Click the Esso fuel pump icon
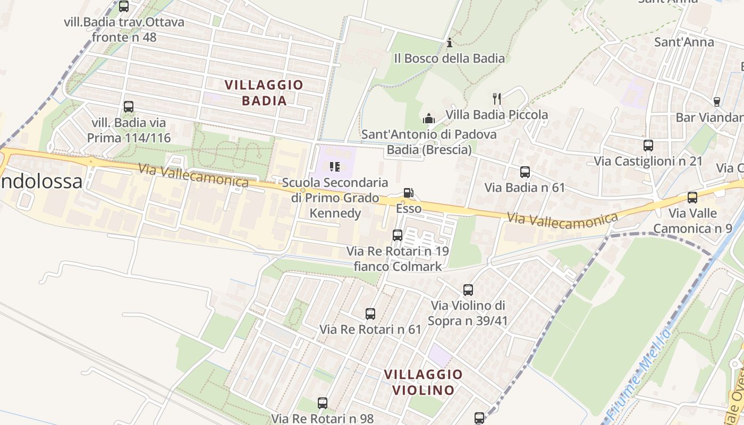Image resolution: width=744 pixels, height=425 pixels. tap(408, 193)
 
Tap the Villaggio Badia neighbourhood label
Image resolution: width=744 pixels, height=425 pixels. tap(264, 92)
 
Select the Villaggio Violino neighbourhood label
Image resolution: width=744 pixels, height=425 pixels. tap(423, 382)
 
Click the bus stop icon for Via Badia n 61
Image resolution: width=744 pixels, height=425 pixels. tap(525, 172)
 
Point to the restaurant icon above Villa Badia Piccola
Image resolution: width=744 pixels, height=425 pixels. tap(497, 98)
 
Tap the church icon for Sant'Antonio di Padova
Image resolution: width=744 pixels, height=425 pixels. tap(428, 118)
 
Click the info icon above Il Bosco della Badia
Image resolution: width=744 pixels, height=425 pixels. tap(450, 42)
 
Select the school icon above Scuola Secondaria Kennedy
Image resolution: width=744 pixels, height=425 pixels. tap(335, 167)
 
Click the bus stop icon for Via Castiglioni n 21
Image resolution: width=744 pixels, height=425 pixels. tap(648, 146)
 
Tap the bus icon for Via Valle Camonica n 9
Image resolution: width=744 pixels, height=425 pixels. tap(692, 198)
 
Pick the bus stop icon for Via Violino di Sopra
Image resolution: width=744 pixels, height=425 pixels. tap(468, 290)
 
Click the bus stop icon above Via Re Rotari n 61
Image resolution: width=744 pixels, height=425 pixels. tap(370, 314)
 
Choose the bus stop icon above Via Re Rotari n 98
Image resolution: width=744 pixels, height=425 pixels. tap(323, 403)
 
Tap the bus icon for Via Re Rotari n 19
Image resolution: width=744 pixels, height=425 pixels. tap(398, 235)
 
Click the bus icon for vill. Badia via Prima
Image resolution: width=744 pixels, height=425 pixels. tap(129, 107)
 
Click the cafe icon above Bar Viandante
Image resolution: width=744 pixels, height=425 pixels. tap(716, 102)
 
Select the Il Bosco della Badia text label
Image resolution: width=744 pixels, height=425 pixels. tap(450, 58)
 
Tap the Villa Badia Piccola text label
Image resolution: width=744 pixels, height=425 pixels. tap(496, 115)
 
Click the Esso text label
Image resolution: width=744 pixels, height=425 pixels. tap(409, 208)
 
